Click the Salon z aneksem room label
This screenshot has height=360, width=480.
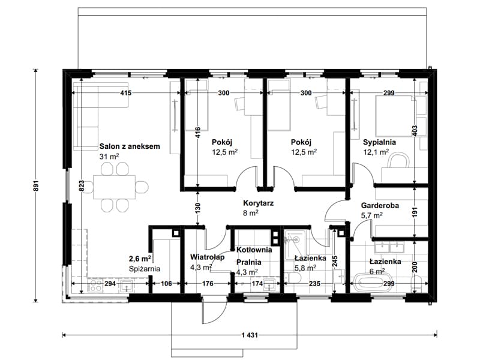pos(130,146)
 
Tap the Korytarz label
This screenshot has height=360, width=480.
pos(259,203)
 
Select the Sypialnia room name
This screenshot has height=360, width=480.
pos(379,142)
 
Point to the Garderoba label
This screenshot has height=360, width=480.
pos(380,205)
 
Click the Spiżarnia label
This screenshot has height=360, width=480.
pos(145,269)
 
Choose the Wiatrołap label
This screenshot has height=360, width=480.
pos(207,257)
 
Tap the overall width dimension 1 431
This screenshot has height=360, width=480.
pos(250,335)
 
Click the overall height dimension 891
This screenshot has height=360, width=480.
pos(36,185)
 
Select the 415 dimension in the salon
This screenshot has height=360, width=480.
pos(126,93)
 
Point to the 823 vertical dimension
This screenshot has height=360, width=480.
pos(81,186)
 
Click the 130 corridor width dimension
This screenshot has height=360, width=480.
pos(197,208)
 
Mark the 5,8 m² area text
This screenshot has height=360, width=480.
pos(305,268)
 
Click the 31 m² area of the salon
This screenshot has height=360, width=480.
pos(109,157)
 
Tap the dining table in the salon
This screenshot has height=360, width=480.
pos(114,187)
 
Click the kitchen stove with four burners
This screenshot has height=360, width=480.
pos(95,286)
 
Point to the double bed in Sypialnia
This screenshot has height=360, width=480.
pos(395,116)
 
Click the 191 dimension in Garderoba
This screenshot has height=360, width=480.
pos(415,212)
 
